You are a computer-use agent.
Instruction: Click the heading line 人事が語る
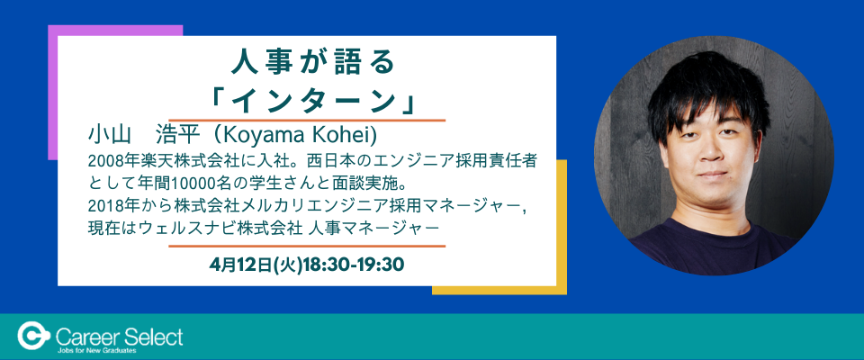pos(312,63)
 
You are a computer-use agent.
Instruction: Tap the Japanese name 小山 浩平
pos(143,136)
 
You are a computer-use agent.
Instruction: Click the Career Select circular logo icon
pos(35,336)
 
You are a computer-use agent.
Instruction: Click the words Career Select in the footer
pos(120,335)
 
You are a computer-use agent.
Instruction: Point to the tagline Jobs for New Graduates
pos(96,350)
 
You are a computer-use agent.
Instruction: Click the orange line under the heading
pos(307,120)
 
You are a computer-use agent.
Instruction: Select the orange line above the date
pos(307,246)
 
